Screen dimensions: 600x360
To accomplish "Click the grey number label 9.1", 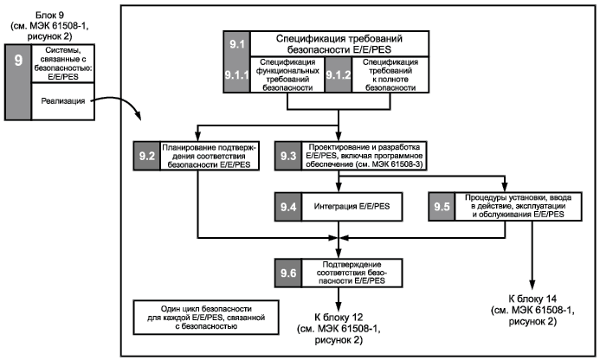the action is (237, 44).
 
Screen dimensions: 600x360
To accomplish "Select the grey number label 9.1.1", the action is (237, 75).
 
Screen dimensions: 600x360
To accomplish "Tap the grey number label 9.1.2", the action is (339, 75).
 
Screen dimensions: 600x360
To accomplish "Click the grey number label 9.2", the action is (147, 156).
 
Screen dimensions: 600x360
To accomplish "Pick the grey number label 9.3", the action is (288, 156).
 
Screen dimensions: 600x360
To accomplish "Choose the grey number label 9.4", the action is (288, 207).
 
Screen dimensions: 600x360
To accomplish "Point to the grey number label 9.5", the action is (442, 207).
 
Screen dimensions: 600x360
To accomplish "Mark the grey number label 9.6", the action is (288, 273).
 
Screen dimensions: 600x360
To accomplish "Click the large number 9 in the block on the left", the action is (18, 60).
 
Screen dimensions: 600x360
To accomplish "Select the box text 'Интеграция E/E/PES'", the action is (352, 207).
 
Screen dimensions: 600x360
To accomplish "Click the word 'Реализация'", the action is (62, 101).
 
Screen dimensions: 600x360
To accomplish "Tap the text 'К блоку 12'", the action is (339, 317).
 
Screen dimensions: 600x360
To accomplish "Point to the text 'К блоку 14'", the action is (532, 299).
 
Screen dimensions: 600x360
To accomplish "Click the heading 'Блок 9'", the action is (49, 16).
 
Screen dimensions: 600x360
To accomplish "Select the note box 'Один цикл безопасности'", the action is (206, 318).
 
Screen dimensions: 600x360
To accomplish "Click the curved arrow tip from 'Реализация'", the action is (140, 119).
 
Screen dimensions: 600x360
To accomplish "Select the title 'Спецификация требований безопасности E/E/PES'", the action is (339, 44).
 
